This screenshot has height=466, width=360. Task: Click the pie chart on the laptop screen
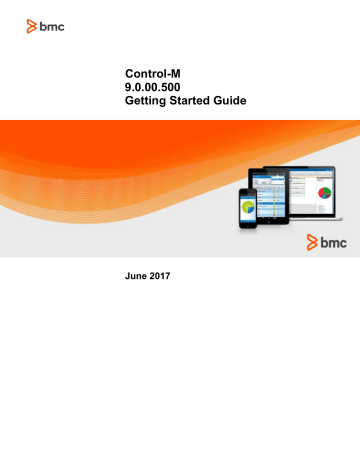point(324,192)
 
